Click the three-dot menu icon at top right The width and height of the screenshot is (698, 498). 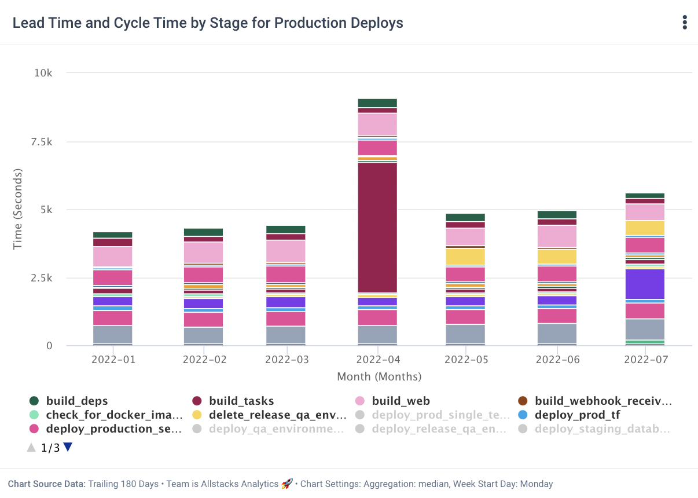point(685,23)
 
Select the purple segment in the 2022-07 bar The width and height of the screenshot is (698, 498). point(645,284)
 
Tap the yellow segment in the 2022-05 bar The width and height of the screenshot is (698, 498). point(465,257)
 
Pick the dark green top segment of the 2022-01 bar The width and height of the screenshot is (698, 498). point(112,235)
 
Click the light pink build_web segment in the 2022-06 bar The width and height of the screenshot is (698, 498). point(557,236)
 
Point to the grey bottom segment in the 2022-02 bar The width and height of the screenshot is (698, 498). point(203,335)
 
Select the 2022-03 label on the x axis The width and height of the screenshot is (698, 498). point(287,360)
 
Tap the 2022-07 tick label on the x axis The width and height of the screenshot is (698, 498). point(646,360)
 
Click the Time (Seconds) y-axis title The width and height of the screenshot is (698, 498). point(17,209)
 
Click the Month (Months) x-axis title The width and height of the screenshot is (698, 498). point(379,376)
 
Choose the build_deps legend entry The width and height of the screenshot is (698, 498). point(76,401)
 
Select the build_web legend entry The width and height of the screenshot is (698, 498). point(401,401)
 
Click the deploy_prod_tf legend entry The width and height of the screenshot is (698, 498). point(577,415)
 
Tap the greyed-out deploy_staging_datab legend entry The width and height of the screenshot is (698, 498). point(602,429)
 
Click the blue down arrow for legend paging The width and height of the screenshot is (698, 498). point(68,448)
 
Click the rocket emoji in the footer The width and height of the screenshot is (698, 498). point(287,484)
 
